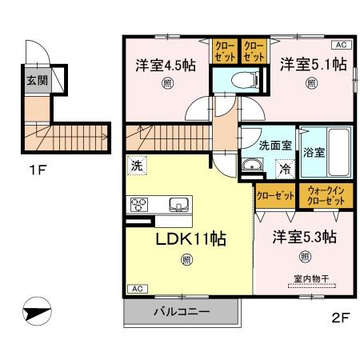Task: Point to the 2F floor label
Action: [x=341, y=317]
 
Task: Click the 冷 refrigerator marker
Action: [x=284, y=169]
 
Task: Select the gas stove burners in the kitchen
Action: [x=139, y=203]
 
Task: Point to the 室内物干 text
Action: [x=305, y=279]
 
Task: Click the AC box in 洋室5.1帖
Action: [x=338, y=46]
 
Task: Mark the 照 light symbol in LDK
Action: [x=186, y=258]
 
